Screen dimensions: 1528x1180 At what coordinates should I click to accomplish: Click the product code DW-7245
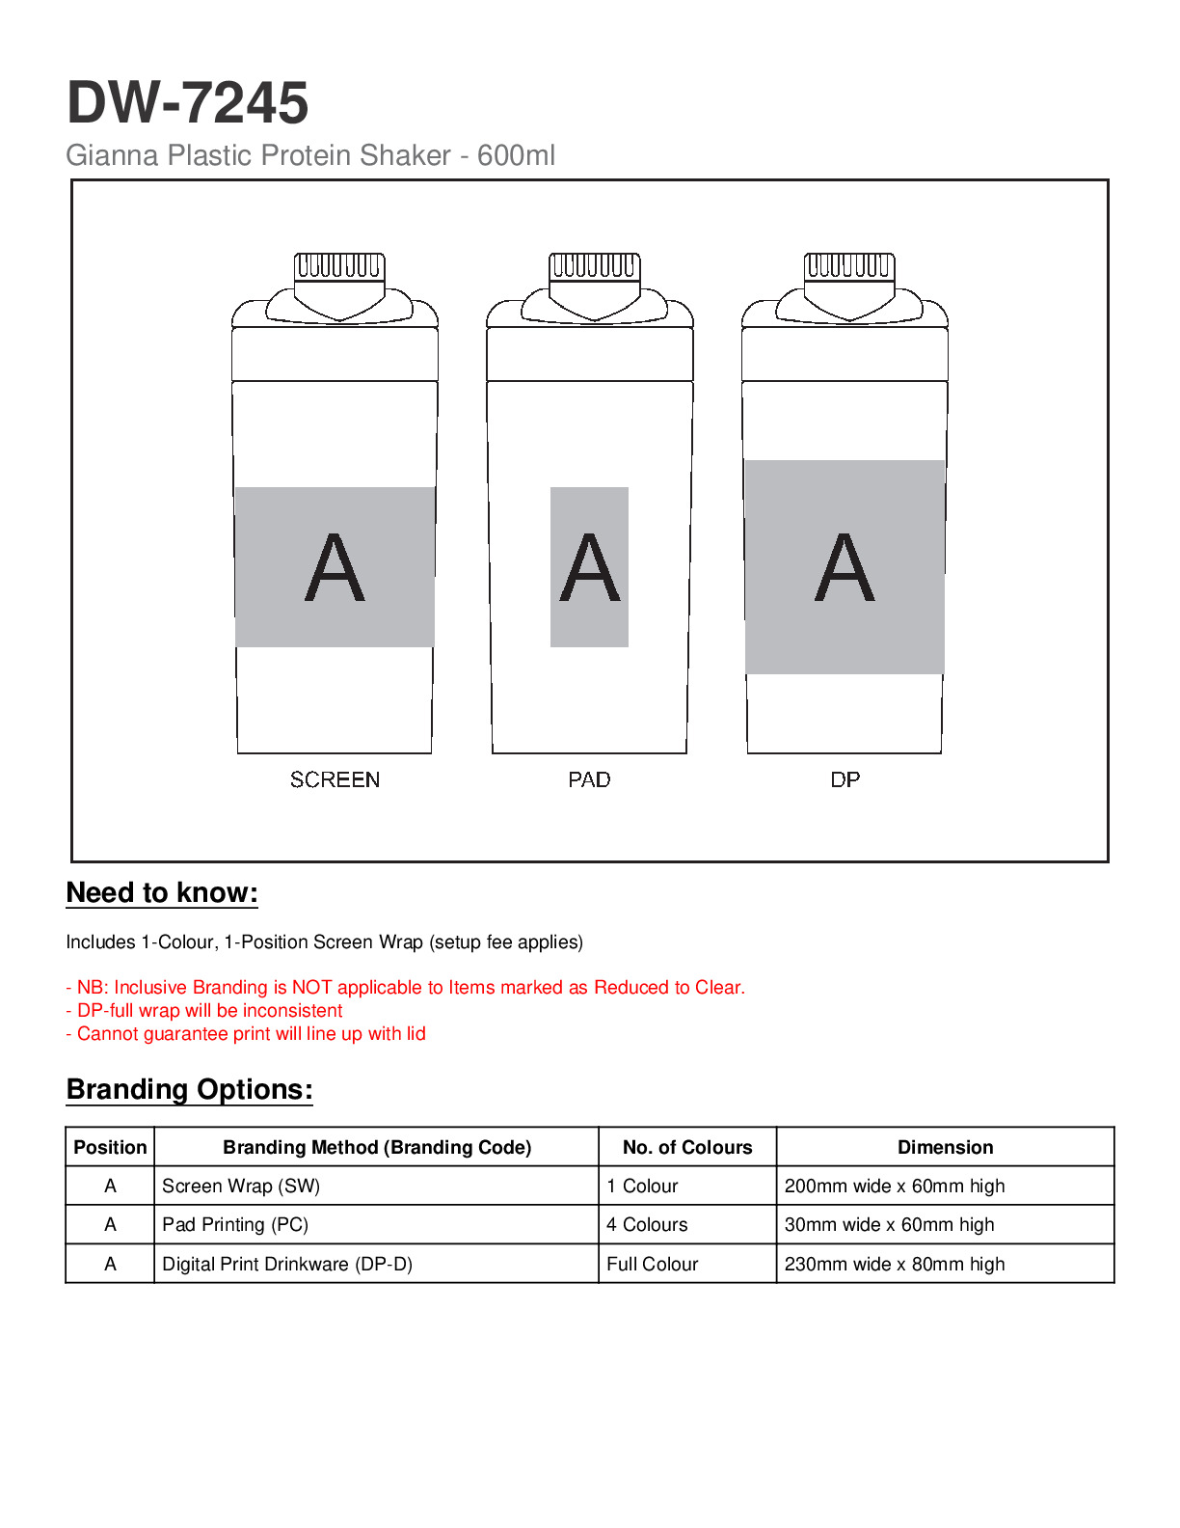pos(187,103)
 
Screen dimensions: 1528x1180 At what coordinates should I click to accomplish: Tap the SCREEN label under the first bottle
pos(335,779)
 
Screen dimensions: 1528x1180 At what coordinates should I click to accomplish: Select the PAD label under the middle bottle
pos(589,779)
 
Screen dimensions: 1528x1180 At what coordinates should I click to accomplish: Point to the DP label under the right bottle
pos(845,779)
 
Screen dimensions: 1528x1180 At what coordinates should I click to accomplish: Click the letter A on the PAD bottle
pos(589,568)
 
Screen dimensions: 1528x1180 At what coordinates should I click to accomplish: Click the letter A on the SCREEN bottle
pos(335,568)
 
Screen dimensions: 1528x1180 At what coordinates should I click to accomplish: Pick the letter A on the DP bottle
pos(845,568)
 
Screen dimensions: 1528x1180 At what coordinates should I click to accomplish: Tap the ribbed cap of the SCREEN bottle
pos(338,265)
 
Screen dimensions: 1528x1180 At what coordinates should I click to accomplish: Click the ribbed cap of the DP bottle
pos(848,265)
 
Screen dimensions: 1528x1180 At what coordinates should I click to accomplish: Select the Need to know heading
pos(162,893)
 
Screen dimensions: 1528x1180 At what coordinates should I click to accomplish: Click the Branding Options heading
pos(189,1090)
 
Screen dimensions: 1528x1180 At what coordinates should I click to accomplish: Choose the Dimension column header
pos(945,1147)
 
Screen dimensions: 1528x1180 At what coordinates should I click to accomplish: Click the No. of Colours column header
pos(686,1147)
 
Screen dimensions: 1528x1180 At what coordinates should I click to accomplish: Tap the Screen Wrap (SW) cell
pos(241,1186)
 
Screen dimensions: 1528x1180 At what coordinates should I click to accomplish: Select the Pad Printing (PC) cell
pos(235,1225)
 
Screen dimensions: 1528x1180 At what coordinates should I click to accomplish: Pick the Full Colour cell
pos(652,1264)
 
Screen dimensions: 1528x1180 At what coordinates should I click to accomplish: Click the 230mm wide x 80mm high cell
pos(894,1264)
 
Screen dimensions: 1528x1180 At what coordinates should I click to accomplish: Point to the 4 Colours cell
pos(647,1225)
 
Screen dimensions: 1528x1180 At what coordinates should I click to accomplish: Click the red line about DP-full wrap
pos(204,1011)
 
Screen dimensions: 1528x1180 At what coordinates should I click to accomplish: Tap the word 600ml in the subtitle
pos(516,155)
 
